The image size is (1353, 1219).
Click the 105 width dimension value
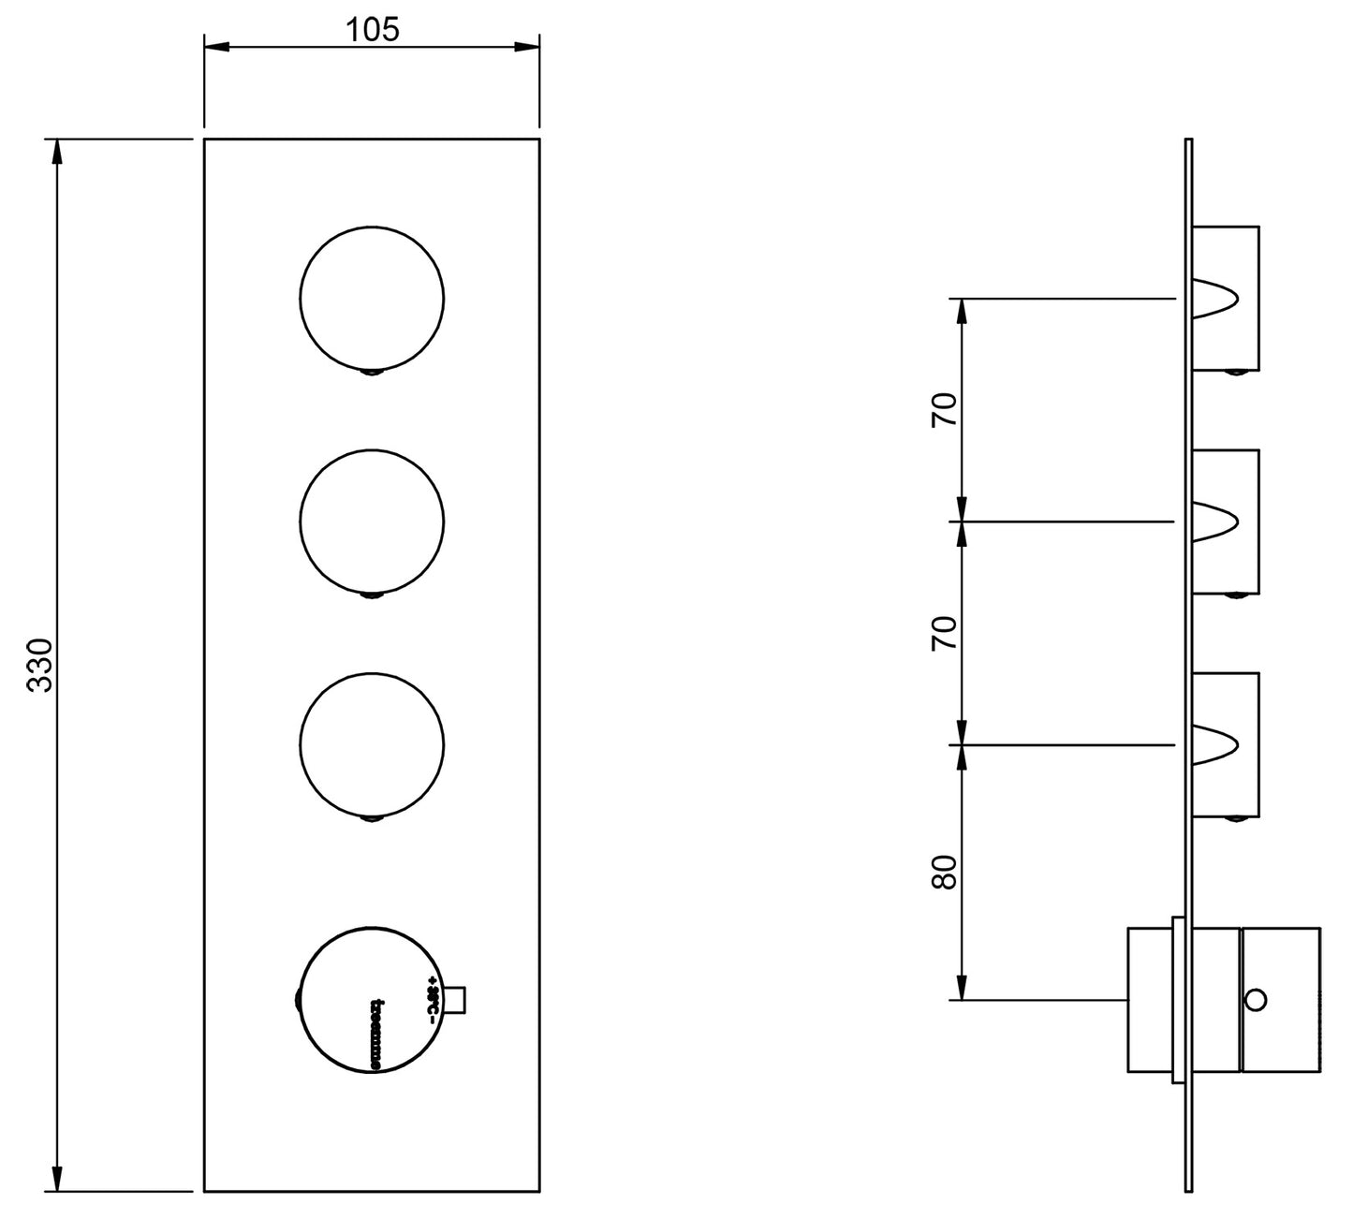(x=372, y=30)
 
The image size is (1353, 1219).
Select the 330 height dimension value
(x=39, y=665)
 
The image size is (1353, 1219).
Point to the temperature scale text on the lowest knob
(x=433, y=1000)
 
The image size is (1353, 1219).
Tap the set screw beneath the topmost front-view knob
(x=373, y=374)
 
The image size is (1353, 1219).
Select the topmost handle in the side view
(x=1226, y=298)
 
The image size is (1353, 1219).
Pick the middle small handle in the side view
(x=1226, y=521)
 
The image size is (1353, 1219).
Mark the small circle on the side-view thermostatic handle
(x=1257, y=1000)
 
